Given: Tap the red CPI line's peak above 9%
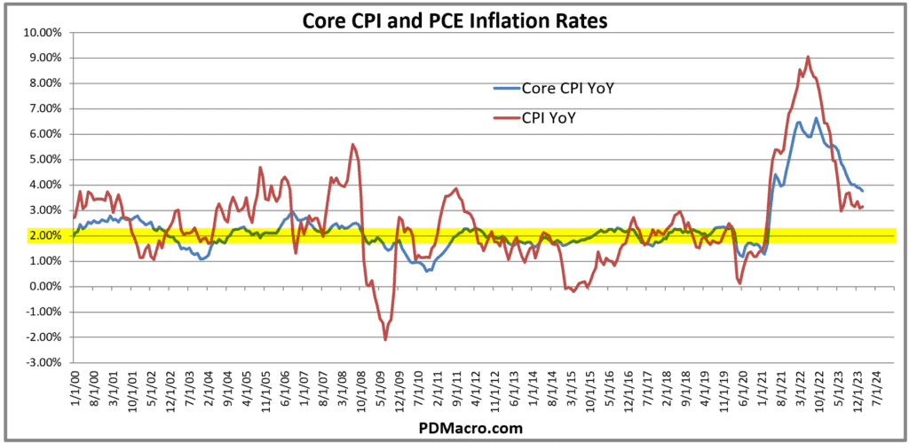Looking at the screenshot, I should pyautogui.click(x=808, y=57).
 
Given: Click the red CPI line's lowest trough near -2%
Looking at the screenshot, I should pyautogui.click(x=385, y=339).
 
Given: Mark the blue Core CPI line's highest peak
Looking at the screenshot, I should pyautogui.click(x=816, y=118).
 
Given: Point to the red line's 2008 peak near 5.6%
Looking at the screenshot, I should pyautogui.click(x=353, y=144).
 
